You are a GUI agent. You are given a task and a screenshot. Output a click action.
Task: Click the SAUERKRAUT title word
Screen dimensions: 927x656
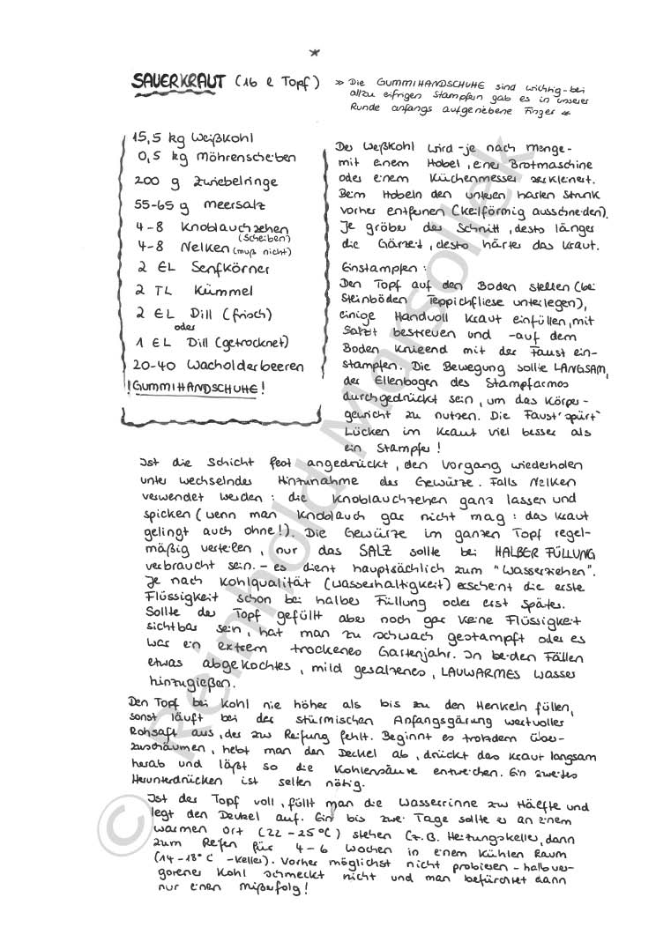pos(180,84)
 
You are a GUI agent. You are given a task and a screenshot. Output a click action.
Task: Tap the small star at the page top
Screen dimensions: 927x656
pos(316,52)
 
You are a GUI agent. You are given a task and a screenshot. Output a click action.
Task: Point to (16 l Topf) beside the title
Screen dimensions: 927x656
pos(279,84)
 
